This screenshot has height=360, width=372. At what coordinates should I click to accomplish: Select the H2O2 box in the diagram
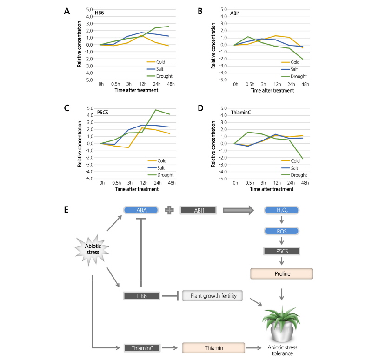[x=280, y=210]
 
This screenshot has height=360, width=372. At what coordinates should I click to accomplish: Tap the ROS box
[x=280, y=231]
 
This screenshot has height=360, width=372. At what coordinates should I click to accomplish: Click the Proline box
[x=280, y=273]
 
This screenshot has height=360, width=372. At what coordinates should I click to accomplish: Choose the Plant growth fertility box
[x=214, y=295]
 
